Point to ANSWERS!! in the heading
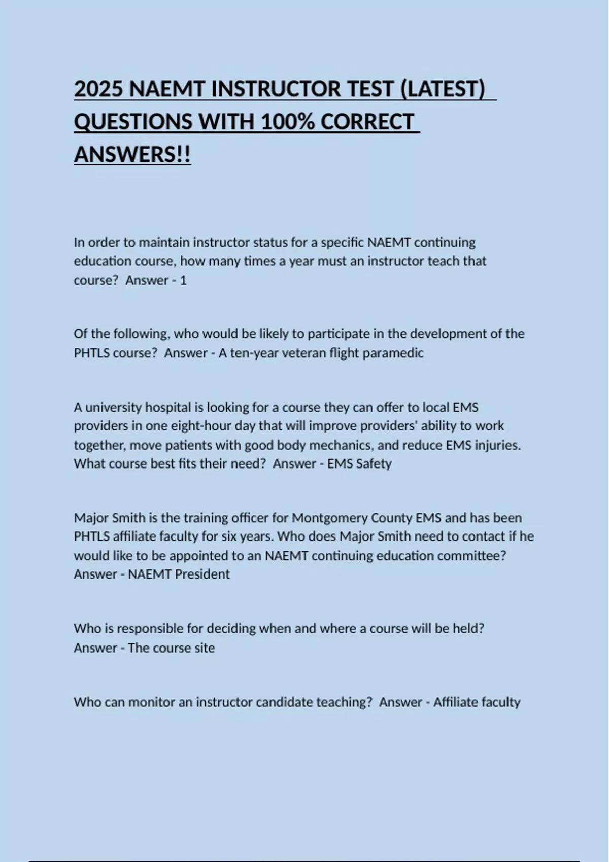(132, 155)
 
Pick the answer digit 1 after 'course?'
(183, 280)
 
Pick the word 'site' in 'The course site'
(204, 648)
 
